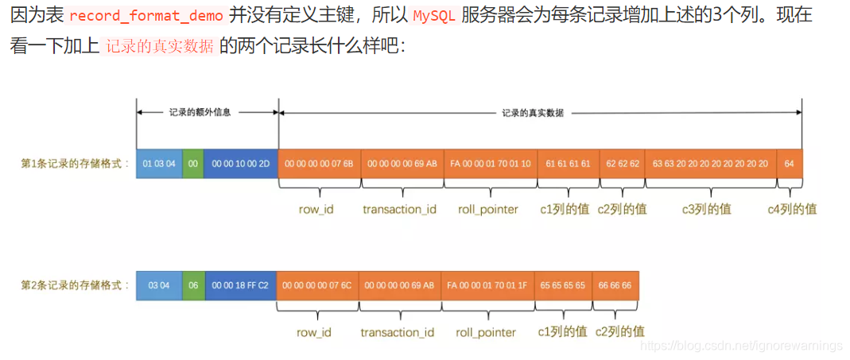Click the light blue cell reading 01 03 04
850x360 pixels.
(159, 163)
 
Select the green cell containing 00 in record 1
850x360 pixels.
(192, 163)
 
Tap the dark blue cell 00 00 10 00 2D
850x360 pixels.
(240, 163)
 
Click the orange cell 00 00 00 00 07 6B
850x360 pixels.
(319, 163)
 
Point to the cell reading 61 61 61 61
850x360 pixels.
(569, 163)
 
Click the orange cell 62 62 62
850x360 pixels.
(623, 163)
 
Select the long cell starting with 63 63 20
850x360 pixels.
(711, 163)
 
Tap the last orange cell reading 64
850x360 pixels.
(789, 163)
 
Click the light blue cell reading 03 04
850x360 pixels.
(159, 285)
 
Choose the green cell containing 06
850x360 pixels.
(193, 285)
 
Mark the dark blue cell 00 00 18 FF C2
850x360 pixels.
(240, 285)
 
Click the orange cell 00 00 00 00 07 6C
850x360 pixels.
(317, 285)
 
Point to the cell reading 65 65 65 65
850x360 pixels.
(563, 285)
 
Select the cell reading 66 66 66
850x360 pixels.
(615, 285)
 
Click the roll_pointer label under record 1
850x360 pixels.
(488, 209)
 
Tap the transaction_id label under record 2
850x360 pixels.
(398, 332)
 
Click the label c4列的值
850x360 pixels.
(792, 209)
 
